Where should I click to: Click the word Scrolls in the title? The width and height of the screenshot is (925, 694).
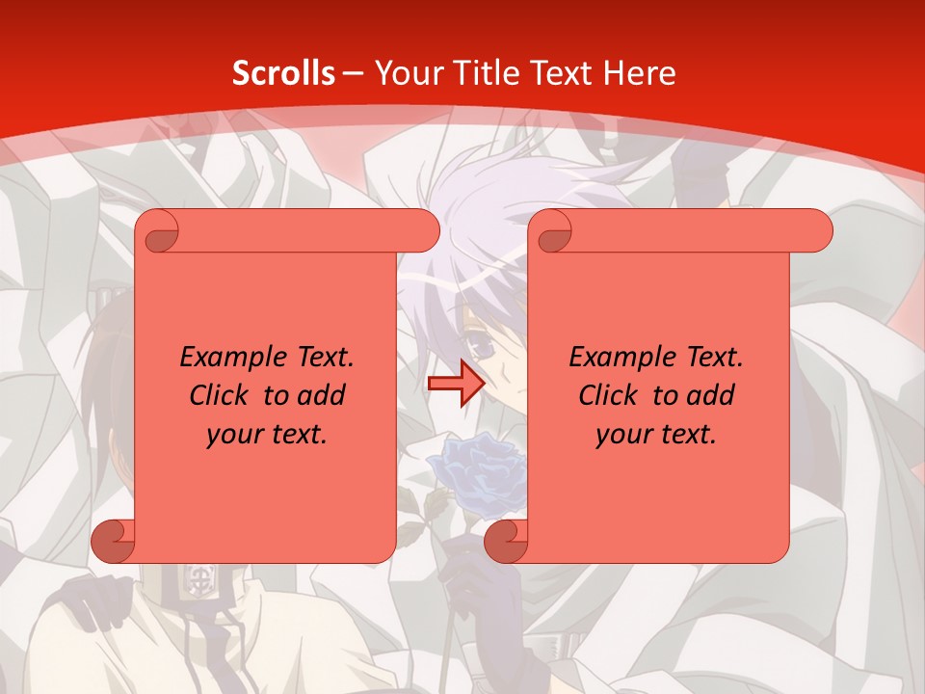point(283,73)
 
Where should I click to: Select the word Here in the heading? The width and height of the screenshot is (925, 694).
point(639,73)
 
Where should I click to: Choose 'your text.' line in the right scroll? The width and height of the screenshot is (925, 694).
point(656,435)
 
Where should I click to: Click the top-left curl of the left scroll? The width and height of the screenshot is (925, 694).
point(158,232)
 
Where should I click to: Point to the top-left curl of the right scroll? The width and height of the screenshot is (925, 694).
point(551,232)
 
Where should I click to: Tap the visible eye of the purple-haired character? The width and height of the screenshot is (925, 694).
point(502,342)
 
